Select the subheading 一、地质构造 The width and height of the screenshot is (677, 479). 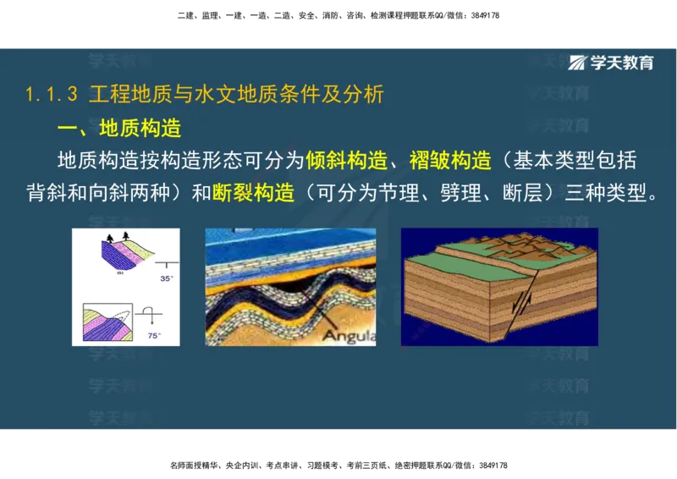[x=119, y=129]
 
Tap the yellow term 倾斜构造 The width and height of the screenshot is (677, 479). [x=347, y=161]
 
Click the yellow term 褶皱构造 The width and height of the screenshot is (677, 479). [x=450, y=161]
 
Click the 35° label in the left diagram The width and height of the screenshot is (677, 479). [x=166, y=278]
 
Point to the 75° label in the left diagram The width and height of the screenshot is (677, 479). [x=154, y=336]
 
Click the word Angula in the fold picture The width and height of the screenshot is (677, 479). [x=348, y=335]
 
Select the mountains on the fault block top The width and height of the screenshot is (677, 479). [x=550, y=245]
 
